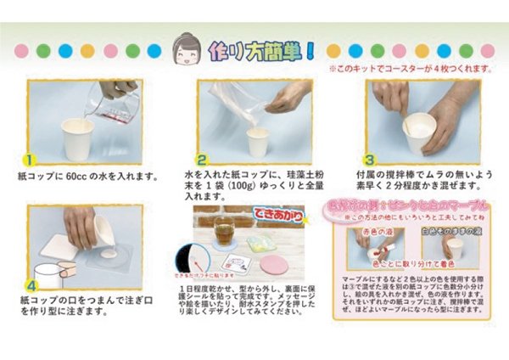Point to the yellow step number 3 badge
[x=371, y=158]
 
